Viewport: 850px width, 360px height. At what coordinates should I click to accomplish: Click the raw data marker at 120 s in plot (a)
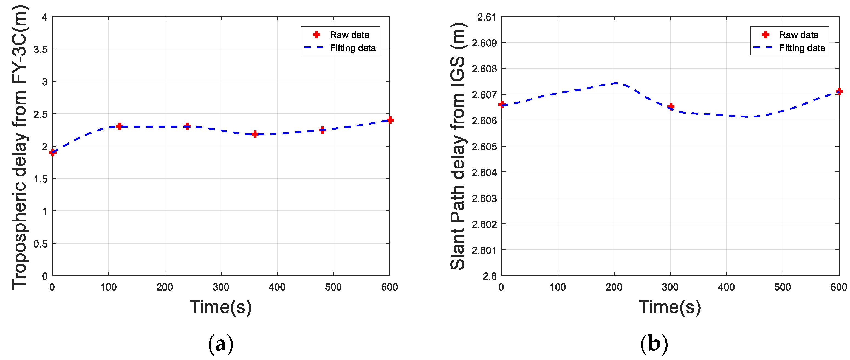tap(119, 126)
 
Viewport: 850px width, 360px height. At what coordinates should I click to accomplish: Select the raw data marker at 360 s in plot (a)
tap(255, 134)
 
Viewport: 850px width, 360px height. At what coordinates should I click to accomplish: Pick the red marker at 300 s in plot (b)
tap(671, 106)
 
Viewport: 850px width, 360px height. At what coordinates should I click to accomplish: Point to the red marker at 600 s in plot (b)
tap(839, 91)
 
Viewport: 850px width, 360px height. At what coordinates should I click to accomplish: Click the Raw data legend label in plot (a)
tap(349, 35)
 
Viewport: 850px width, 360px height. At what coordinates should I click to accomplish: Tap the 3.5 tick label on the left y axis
tap(40, 49)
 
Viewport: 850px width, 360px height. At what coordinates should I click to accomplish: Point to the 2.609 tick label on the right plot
tap(484, 43)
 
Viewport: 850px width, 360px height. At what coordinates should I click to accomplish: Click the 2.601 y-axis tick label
tap(484, 251)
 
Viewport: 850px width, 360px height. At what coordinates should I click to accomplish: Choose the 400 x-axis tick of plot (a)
tap(277, 287)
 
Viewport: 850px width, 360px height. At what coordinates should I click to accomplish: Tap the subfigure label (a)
tap(221, 344)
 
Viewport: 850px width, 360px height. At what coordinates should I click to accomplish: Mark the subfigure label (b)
tap(654, 344)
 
